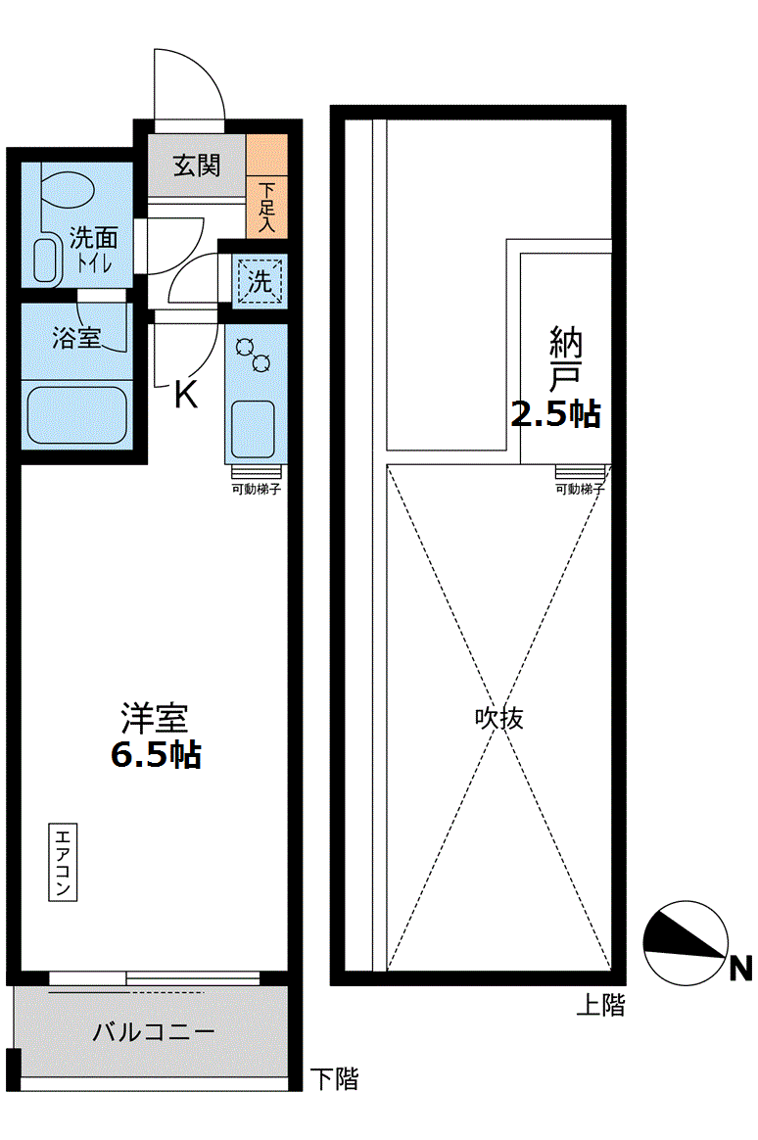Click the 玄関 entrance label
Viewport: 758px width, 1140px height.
coord(197,166)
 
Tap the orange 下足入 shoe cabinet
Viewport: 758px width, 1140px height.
coord(266,181)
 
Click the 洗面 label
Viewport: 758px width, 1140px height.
coord(94,238)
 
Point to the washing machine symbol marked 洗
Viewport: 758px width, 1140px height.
coord(260,282)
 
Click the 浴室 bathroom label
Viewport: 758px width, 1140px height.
coord(76,339)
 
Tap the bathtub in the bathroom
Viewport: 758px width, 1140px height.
coord(77,414)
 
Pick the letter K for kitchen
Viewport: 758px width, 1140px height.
coord(186,395)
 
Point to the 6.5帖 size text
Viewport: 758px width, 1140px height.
coord(156,754)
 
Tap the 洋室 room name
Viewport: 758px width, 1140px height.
coord(154,720)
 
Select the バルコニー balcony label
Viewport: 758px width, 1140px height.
coord(154,1032)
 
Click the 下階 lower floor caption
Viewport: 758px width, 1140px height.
coord(334,1079)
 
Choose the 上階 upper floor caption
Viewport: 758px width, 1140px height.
coord(600,1005)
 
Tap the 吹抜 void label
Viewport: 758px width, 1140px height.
coord(499,718)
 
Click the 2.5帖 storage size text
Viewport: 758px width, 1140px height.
coord(555,415)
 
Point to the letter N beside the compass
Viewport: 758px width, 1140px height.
coord(741,969)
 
